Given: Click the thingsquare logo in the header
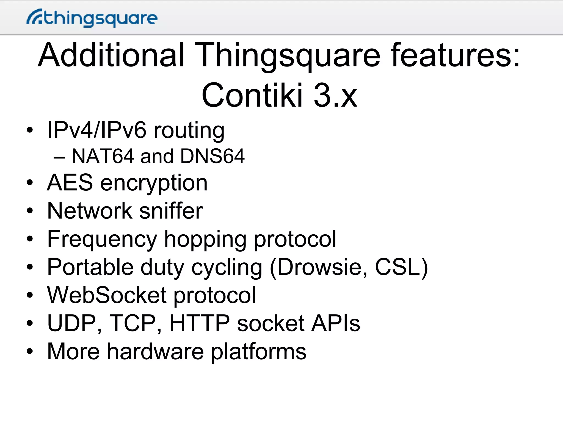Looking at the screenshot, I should pyautogui.click(x=92, y=18).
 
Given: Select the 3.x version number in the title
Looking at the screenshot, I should pyautogui.click(x=335, y=95).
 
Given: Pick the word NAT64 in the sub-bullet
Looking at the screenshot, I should pyautogui.click(x=103, y=156).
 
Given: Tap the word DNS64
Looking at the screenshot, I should pyautogui.click(x=212, y=156).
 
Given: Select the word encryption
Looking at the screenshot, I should pyautogui.click(x=154, y=184).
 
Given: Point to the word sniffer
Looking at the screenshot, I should pyautogui.click(x=171, y=211).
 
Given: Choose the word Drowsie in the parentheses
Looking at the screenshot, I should pyautogui.click(x=322, y=267).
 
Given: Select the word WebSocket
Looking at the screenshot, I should pyautogui.click(x=107, y=295).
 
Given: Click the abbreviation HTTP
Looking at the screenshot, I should pyautogui.click(x=200, y=323).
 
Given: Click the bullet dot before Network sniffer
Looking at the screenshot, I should pyautogui.click(x=30, y=211).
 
